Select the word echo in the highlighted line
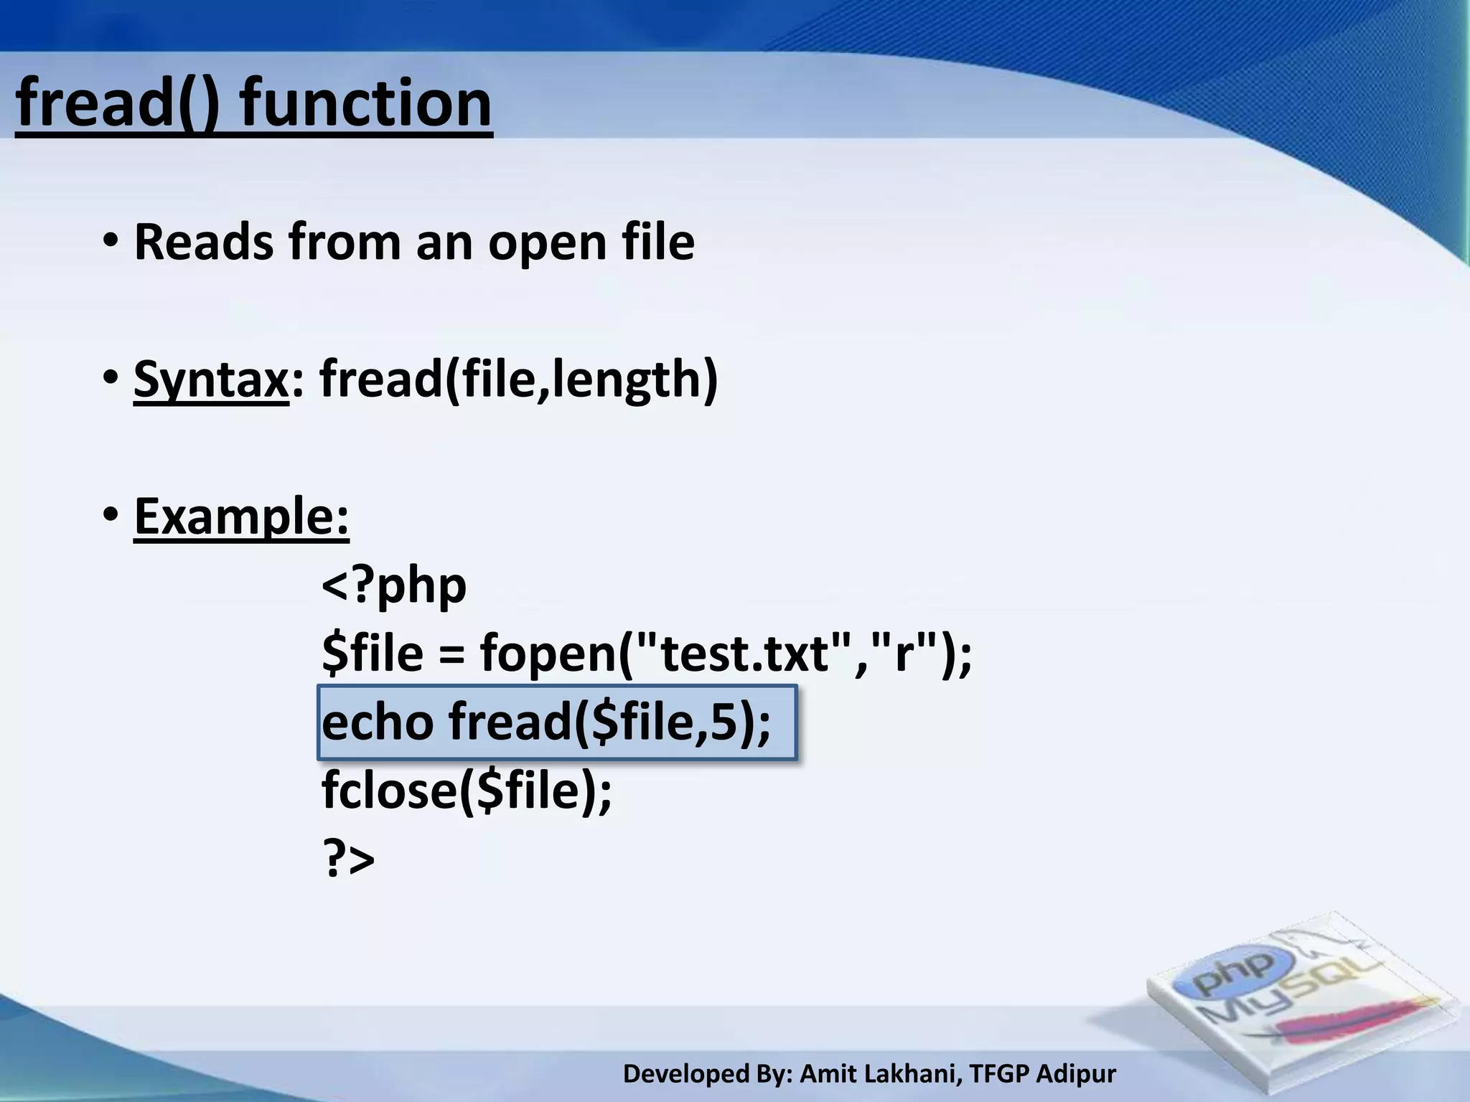378,722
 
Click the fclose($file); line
467,790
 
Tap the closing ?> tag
349,859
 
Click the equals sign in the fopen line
451,654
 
